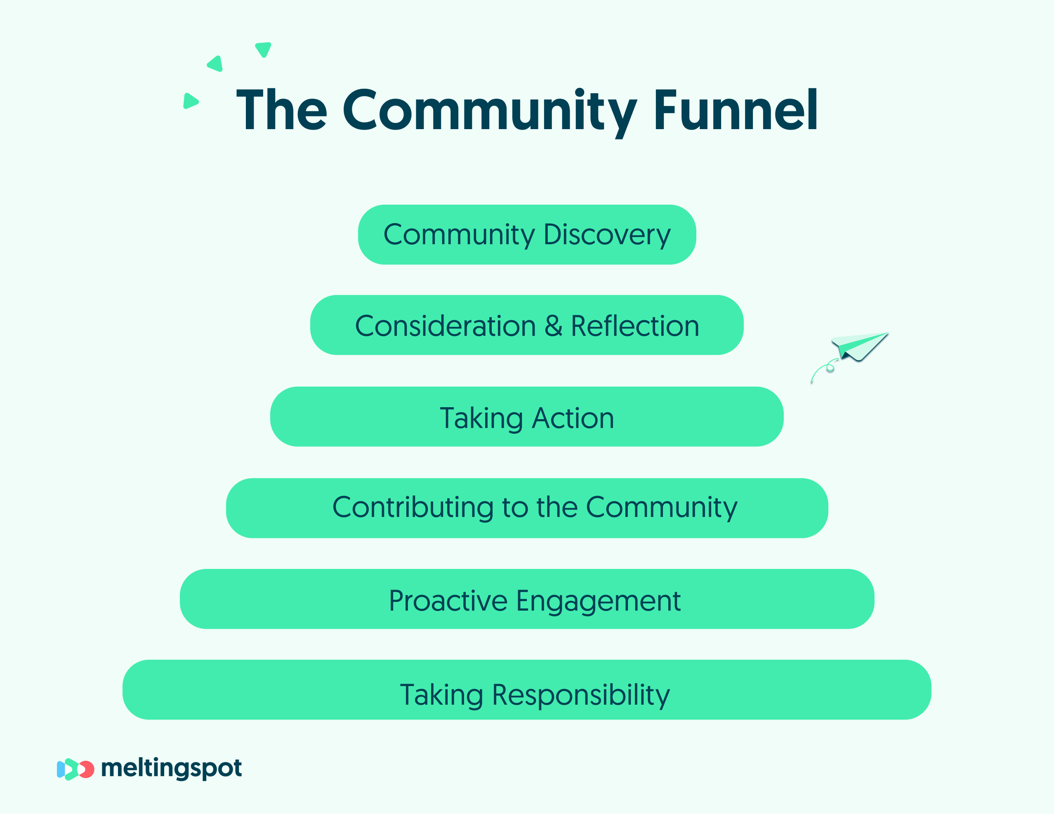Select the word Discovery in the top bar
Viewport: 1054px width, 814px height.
click(x=607, y=236)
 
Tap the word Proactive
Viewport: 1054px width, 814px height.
click(x=448, y=601)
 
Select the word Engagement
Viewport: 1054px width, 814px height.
click(x=599, y=602)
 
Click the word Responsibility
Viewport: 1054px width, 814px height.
click(x=581, y=695)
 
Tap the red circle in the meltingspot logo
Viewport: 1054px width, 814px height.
click(x=87, y=769)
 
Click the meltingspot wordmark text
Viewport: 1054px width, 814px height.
click(x=171, y=768)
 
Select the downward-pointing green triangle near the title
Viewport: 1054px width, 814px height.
click(x=263, y=49)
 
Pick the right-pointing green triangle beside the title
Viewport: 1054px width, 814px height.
click(x=191, y=101)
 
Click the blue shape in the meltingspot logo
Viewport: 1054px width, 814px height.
click(x=61, y=769)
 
